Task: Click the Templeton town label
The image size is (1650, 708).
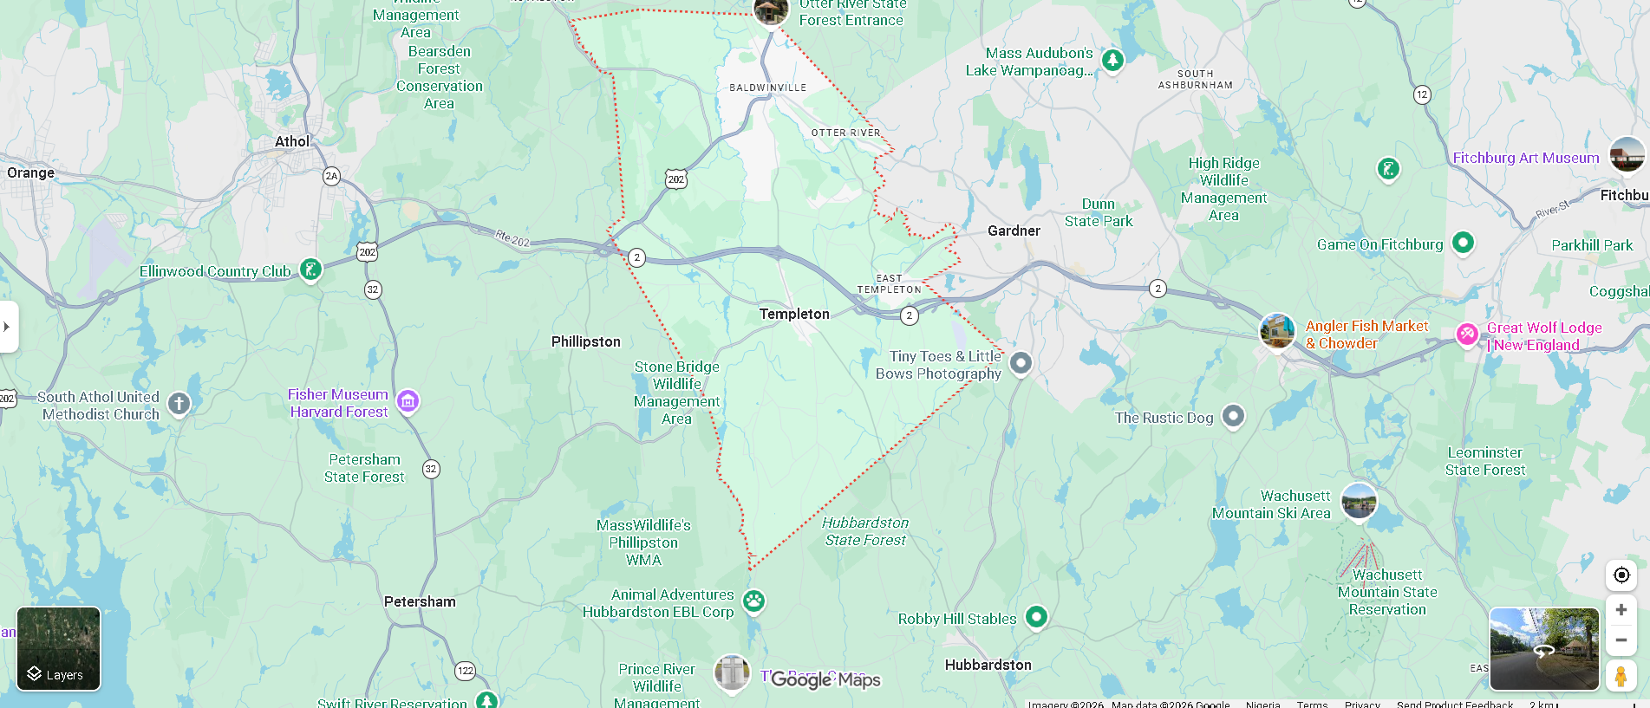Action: click(x=794, y=314)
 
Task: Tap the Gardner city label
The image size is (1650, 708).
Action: click(x=1014, y=231)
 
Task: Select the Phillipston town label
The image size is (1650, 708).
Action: click(x=586, y=341)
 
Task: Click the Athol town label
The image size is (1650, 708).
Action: click(x=292, y=141)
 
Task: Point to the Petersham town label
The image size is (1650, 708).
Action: click(x=420, y=601)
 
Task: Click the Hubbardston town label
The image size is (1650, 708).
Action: click(x=988, y=665)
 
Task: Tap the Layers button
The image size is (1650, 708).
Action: click(x=58, y=648)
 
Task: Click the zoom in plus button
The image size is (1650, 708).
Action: click(x=1621, y=610)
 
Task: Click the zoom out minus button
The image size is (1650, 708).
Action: click(x=1621, y=640)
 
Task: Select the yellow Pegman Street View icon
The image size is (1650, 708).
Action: click(x=1621, y=675)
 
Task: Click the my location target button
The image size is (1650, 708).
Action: click(x=1621, y=575)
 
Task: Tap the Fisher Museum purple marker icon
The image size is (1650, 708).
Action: click(x=408, y=400)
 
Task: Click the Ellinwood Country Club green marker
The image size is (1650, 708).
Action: click(x=310, y=270)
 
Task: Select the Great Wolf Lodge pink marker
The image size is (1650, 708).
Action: click(x=1466, y=334)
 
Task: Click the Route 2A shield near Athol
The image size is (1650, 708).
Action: click(x=331, y=176)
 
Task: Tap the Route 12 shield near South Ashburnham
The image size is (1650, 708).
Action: click(x=1422, y=94)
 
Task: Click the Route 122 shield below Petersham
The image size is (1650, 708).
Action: click(x=466, y=670)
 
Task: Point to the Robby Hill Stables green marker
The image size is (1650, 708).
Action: click(x=1036, y=616)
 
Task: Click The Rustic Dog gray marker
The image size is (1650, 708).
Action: click(x=1233, y=416)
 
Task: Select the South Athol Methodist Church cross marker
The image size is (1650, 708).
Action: click(x=179, y=403)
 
